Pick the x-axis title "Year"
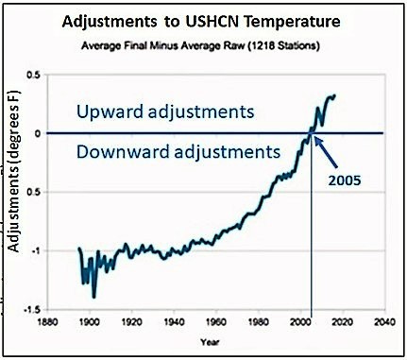(x=220, y=343)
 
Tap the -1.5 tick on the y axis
(x=42, y=310)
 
